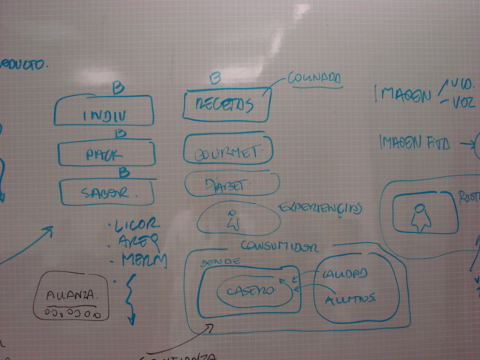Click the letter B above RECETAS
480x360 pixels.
[x=214, y=77]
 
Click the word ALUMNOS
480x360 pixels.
[x=349, y=298]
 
